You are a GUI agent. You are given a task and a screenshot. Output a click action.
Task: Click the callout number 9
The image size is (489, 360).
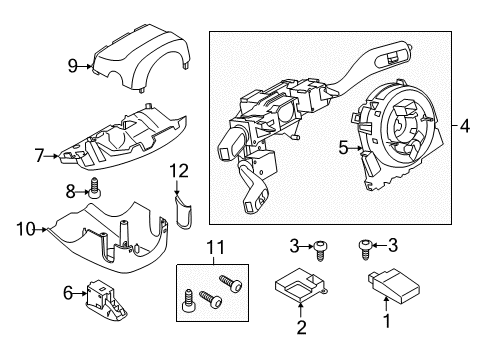pos(73,66)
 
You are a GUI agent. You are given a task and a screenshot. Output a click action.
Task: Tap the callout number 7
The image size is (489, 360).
pos(39,156)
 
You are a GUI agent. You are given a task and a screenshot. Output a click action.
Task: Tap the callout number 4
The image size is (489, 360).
pos(465,126)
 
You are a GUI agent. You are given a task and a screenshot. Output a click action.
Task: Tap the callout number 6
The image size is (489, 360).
pos(67,292)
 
